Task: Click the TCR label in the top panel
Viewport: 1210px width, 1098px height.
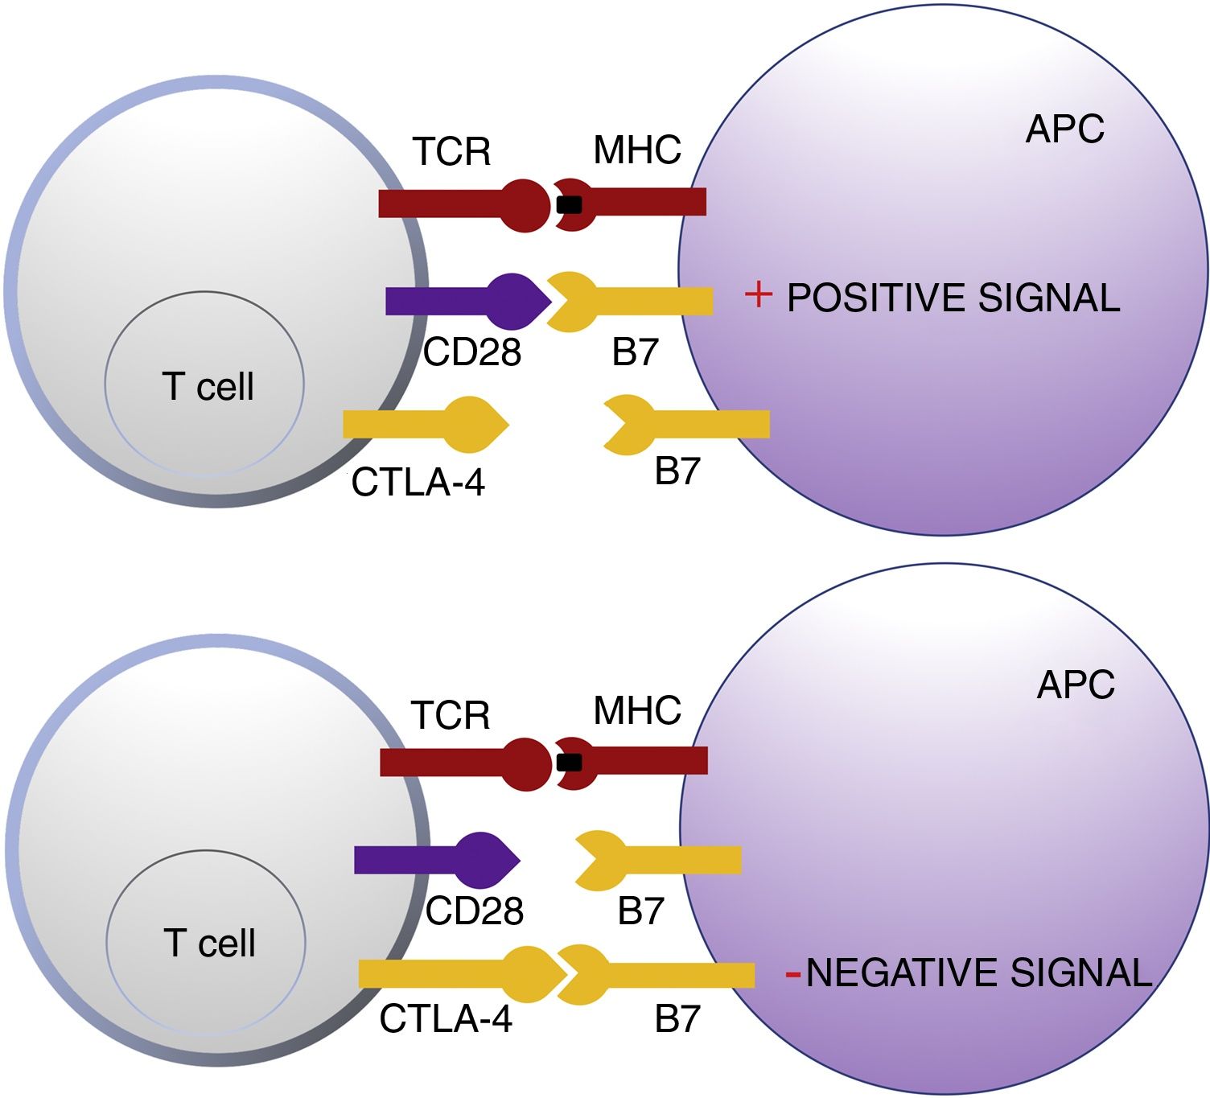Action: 452,151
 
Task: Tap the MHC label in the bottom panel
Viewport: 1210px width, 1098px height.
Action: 637,710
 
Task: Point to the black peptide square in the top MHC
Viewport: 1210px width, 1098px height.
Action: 570,204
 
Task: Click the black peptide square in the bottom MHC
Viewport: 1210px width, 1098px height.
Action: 570,763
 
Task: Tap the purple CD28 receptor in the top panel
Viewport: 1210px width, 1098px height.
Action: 468,301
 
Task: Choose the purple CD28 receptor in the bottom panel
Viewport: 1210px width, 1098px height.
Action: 437,860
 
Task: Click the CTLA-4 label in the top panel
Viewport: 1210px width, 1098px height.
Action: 418,483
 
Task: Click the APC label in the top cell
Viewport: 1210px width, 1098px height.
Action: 1065,129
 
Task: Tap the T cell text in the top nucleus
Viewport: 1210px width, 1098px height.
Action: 208,386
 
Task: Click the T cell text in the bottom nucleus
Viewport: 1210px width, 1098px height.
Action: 210,943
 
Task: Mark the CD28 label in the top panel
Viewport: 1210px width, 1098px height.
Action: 471,352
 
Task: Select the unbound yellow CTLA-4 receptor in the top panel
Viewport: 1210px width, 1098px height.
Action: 426,425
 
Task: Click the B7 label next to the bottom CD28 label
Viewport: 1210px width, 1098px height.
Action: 640,911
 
